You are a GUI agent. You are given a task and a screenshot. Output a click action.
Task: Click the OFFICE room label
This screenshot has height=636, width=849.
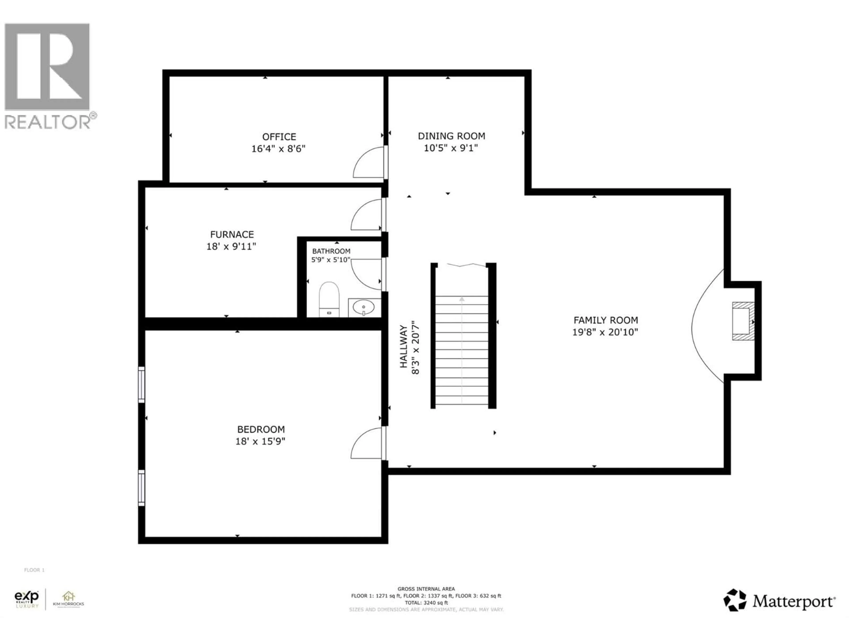pos(279,137)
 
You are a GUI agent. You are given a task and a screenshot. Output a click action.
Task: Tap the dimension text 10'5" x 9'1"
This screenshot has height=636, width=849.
pos(451,148)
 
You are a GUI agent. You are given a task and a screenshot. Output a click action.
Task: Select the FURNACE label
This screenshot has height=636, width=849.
pos(232,234)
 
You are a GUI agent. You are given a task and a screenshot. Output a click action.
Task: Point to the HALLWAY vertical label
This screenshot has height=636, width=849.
pos(403,346)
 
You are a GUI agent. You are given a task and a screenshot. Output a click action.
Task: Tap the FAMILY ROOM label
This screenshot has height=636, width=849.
pos(606,320)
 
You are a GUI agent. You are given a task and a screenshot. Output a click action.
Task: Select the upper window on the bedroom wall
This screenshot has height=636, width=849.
pos(141,384)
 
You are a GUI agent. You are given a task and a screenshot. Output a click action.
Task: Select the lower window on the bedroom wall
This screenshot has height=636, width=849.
pos(141,488)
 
